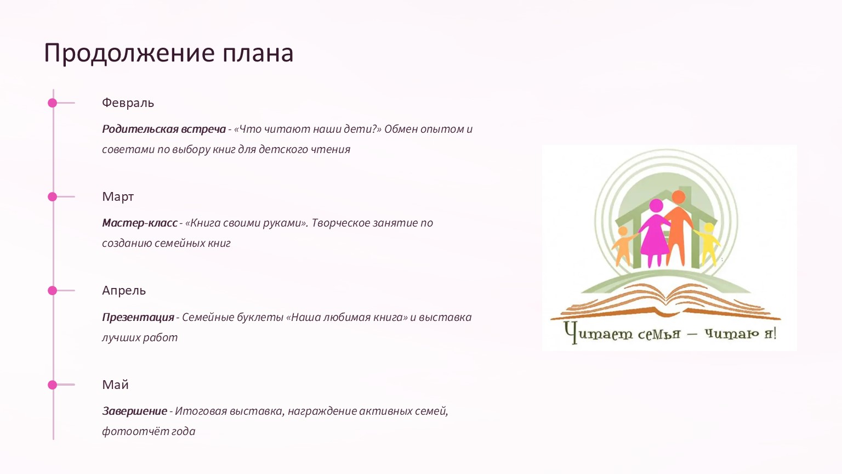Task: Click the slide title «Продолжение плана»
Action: click(x=168, y=53)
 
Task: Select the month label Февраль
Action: click(x=128, y=103)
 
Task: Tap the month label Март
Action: click(x=118, y=196)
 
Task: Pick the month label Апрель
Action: click(x=124, y=290)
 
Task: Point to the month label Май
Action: click(x=115, y=385)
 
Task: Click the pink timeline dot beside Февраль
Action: click(x=52, y=103)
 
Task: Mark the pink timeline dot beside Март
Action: click(x=52, y=197)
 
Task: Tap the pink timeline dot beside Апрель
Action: click(x=52, y=290)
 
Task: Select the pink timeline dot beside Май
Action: click(x=52, y=385)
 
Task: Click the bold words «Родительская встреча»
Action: click(x=164, y=129)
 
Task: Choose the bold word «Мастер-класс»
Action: click(x=139, y=223)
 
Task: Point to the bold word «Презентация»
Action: click(x=138, y=317)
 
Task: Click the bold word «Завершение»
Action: click(x=134, y=411)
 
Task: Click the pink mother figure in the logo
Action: click(x=655, y=233)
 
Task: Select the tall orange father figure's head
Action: click(x=679, y=197)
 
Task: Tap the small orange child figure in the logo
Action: click(x=623, y=246)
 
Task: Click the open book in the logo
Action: click(x=665, y=303)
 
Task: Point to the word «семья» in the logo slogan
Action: click(x=659, y=334)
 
